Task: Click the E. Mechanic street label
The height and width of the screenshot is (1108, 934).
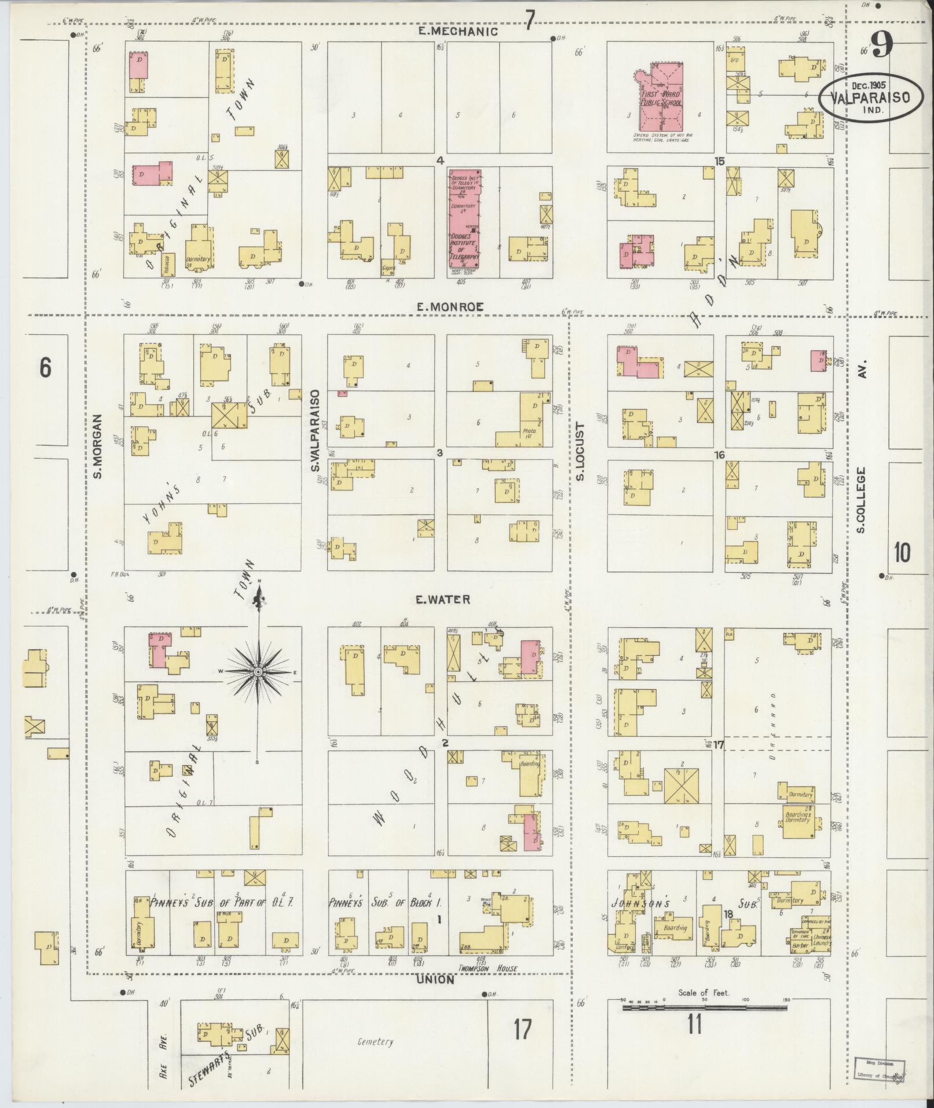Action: point(458,32)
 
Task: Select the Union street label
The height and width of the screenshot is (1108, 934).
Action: point(434,981)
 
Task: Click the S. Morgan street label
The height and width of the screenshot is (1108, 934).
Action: point(97,446)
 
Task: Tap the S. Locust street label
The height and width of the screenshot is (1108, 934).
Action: point(581,452)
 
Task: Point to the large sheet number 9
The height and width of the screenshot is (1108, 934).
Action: point(881,44)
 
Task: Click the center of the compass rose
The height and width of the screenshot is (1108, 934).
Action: point(258,671)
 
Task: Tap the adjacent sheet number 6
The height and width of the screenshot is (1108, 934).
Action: point(45,367)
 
